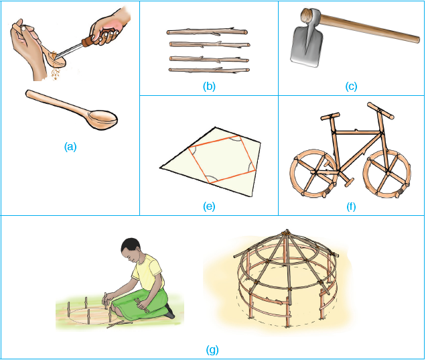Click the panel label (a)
pos(70,147)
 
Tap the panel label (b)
pos(209,86)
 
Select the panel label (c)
pos(351,86)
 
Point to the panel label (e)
pos(209,206)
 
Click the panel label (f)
pos(351,206)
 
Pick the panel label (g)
pos(212,349)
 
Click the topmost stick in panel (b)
pos(207,32)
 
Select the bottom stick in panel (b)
pos(209,70)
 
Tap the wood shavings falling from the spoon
pos(56,73)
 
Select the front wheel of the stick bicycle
pos(387,174)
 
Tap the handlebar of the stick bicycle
pos(380,111)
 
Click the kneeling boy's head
pos(131,249)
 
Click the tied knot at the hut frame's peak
pos(287,233)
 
